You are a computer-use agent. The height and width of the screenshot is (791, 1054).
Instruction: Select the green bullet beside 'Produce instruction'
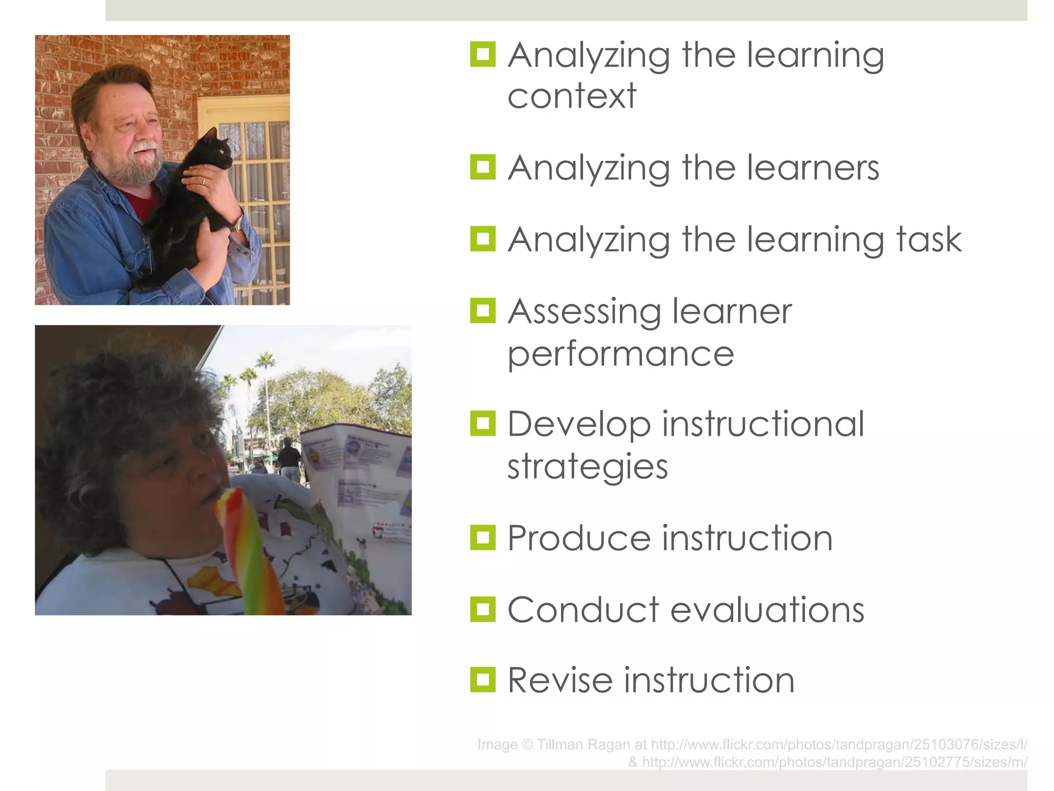[x=483, y=538]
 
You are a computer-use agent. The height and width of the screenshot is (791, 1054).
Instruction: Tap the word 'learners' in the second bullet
[x=813, y=168]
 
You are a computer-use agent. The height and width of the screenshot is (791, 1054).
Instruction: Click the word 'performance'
[x=621, y=354]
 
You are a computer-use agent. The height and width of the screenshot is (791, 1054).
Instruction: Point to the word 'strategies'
[x=588, y=467]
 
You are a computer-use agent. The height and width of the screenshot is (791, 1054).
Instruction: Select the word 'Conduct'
[x=583, y=610]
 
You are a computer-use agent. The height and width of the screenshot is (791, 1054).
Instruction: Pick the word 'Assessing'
[x=584, y=312]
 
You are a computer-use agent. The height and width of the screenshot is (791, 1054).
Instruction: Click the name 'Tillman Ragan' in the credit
[x=584, y=745]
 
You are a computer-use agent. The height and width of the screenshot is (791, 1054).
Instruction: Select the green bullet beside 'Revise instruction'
[x=483, y=680]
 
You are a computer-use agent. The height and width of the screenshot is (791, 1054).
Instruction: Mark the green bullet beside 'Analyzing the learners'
[x=483, y=167]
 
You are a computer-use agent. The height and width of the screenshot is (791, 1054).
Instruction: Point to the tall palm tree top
[x=265, y=359]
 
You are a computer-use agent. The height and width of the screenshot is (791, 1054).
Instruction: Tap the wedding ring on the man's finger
[x=203, y=181]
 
